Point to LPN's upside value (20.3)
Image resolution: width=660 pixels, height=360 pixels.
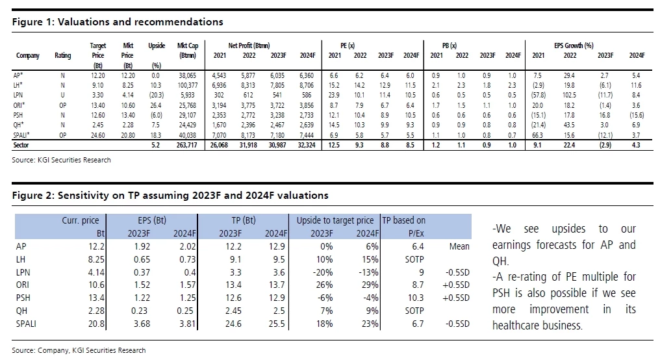coord(156,95)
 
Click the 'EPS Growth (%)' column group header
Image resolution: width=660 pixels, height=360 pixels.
coord(574,45)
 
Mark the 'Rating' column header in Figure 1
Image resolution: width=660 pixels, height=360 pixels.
coord(63,56)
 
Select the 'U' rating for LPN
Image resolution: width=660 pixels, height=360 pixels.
coord(63,95)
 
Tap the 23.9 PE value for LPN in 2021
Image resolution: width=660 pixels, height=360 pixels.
coord(335,95)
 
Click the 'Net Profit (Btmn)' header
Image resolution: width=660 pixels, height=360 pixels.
coord(249,45)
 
